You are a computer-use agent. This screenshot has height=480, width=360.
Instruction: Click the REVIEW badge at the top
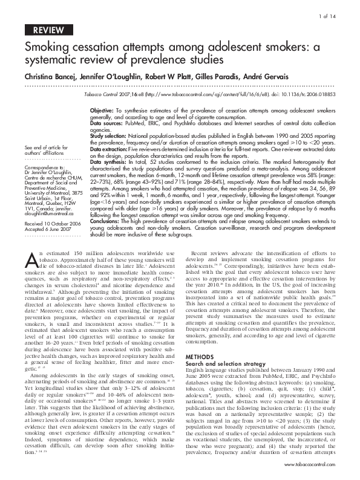[x=48, y=30]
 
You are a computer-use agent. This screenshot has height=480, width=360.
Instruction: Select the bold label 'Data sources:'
[x=105, y=122]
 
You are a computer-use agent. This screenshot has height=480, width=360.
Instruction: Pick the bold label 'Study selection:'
[x=108, y=138]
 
